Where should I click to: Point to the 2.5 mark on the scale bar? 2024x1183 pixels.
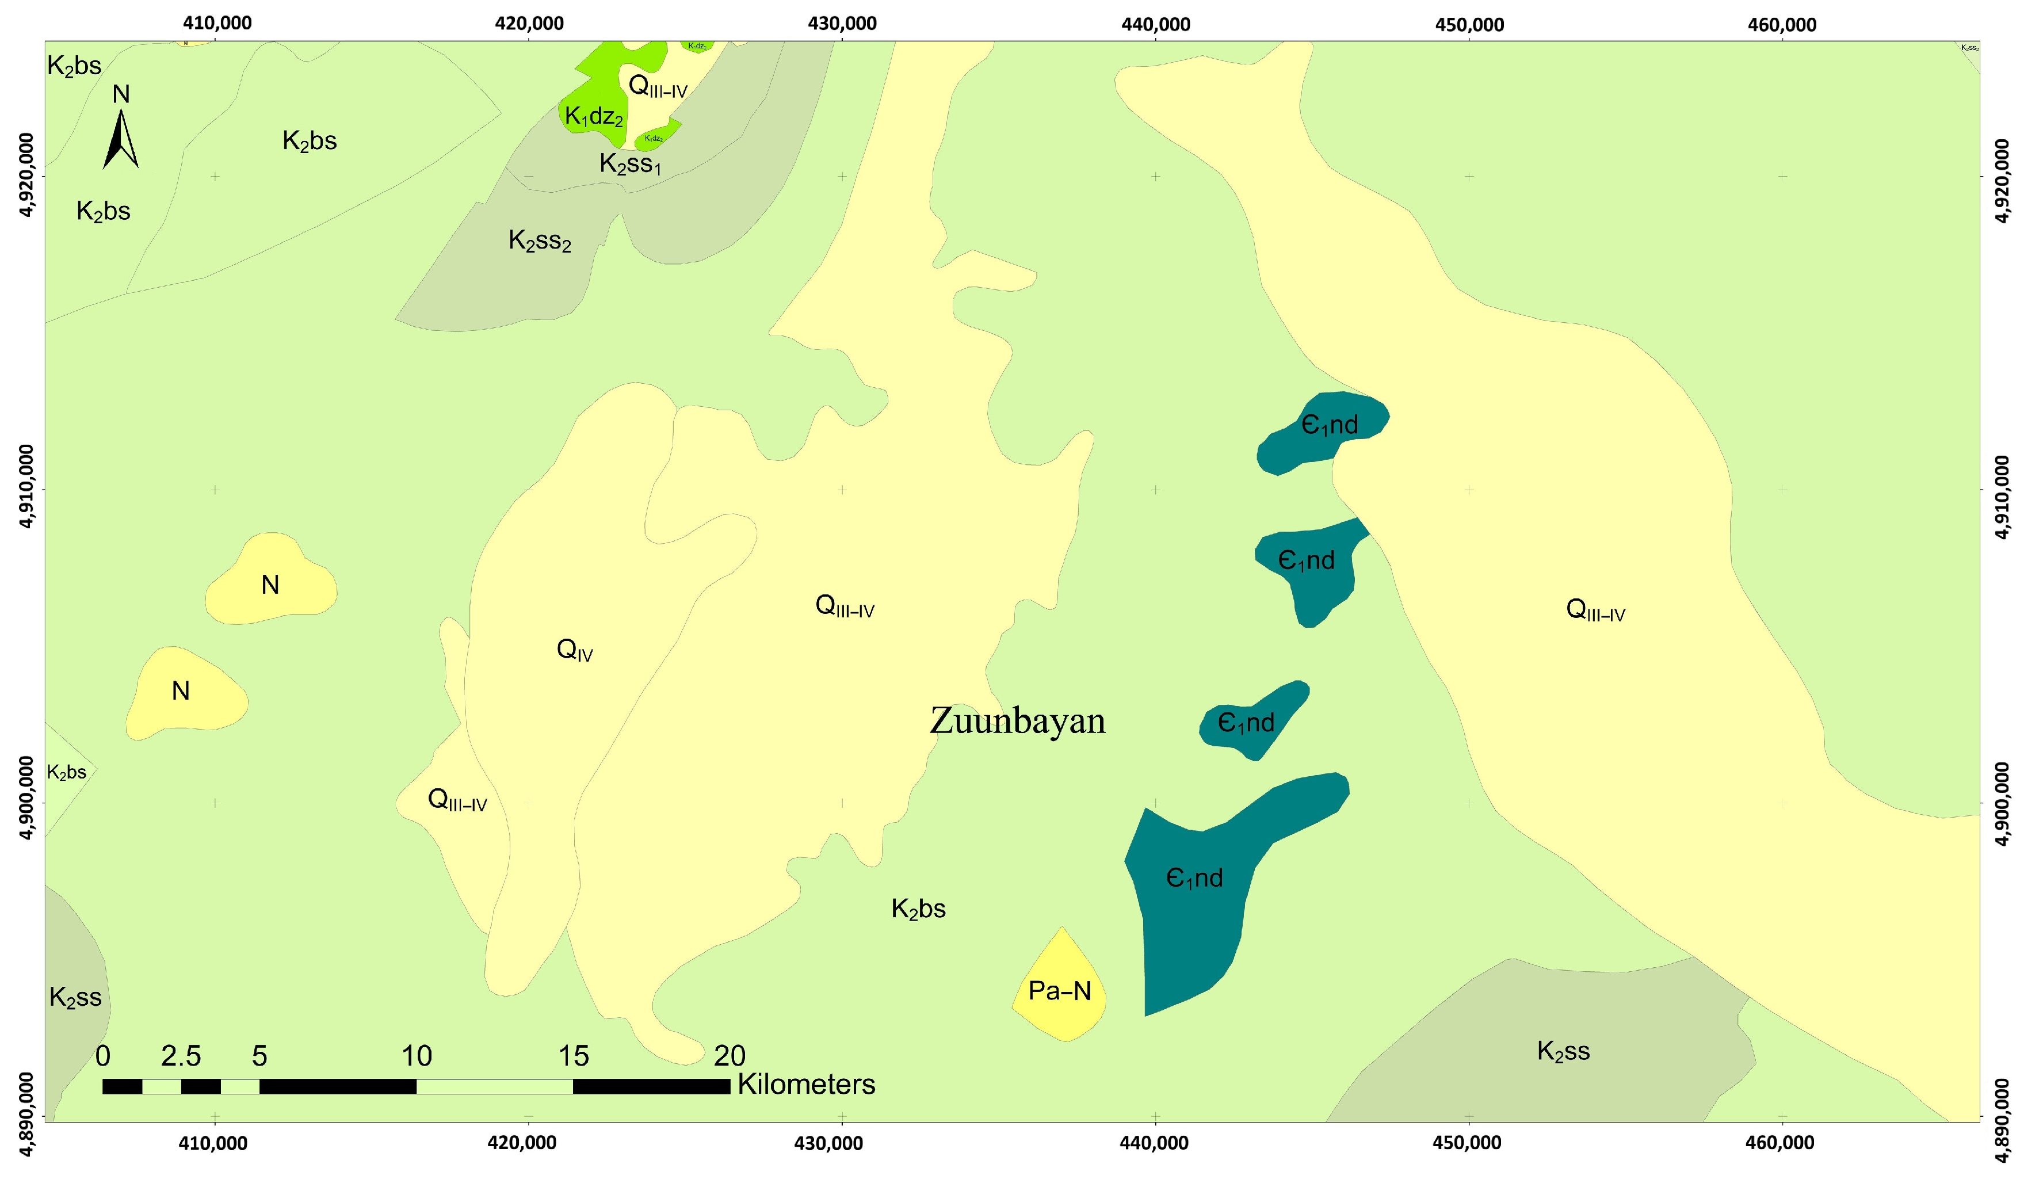(x=181, y=1056)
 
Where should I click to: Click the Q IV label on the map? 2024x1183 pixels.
(x=574, y=650)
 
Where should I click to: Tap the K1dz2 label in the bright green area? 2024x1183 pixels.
(x=594, y=116)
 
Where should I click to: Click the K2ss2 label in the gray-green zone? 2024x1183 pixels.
(x=540, y=240)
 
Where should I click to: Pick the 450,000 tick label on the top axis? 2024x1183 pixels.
(x=1469, y=25)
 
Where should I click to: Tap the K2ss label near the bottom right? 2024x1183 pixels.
(x=1563, y=1051)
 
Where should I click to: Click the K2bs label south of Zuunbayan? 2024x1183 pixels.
(x=918, y=909)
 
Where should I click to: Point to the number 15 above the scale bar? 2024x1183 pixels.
(x=574, y=1056)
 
